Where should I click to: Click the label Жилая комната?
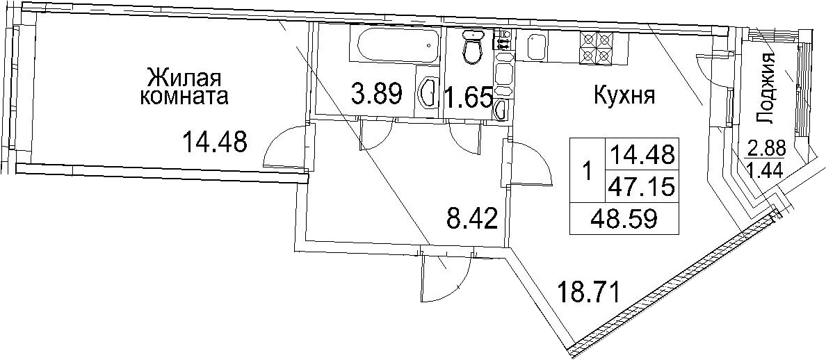point(184,88)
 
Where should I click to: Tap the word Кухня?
point(624,97)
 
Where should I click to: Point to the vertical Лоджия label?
point(766,88)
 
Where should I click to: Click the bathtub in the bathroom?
point(394,45)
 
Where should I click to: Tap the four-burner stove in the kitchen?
point(596,47)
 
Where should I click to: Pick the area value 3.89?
point(377,95)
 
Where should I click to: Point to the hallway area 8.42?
point(472,218)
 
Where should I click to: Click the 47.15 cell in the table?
point(641,186)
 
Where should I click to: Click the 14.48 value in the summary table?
point(641,154)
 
